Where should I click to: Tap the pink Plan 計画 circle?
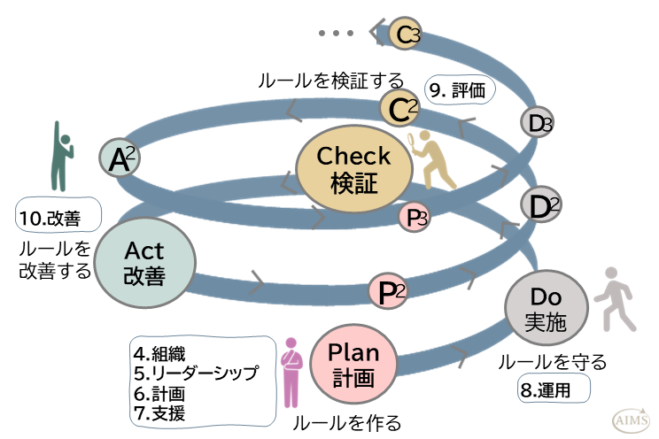354,365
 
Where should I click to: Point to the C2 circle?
399,110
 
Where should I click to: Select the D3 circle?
537,123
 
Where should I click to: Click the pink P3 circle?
416,216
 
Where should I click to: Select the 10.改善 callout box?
58,216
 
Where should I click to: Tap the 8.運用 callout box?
554,388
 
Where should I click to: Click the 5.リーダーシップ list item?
197,372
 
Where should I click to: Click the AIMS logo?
630,419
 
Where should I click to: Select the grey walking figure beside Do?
609,299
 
